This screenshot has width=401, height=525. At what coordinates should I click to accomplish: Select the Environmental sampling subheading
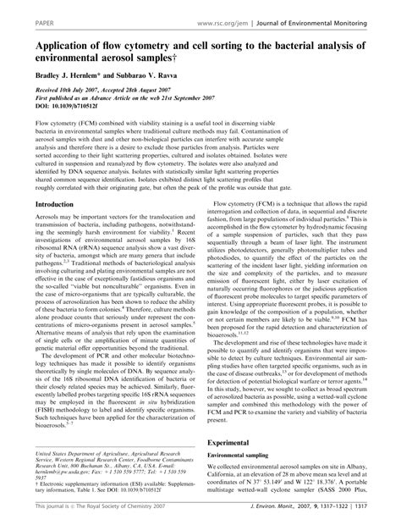(249, 456)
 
